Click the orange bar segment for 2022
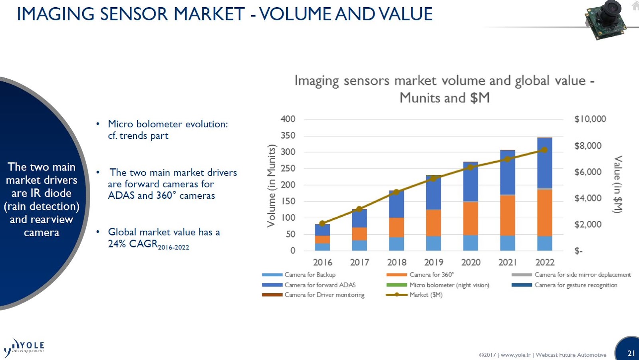pyautogui.click(x=545, y=213)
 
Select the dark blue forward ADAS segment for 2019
pyautogui.click(x=434, y=192)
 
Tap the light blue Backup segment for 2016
pyautogui.click(x=322, y=247)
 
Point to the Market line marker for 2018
pyautogui.click(x=397, y=192)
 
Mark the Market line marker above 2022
pyautogui.click(x=544, y=150)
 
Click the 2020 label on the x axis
pyautogui.click(x=471, y=262)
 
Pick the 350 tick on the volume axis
pyautogui.click(x=288, y=136)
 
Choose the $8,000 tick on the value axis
pyautogui.click(x=588, y=146)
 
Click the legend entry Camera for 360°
pyautogui.click(x=431, y=275)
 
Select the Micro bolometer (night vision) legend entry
pyautogui.click(x=449, y=285)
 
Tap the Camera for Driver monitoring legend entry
pyautogui.click(x=324, y=295)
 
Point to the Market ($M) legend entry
pyautogui.click(x=426, y=295)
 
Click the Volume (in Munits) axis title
pyautogui.click(x=272, y=186)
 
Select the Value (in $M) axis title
pyautogui.click(x=618, y=184)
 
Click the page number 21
pyautogui.click(x=631, y=353)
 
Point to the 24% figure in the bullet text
pyautogui.click(x=117, y=244)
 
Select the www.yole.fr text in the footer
pyautogui.click(x=516, y=355)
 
